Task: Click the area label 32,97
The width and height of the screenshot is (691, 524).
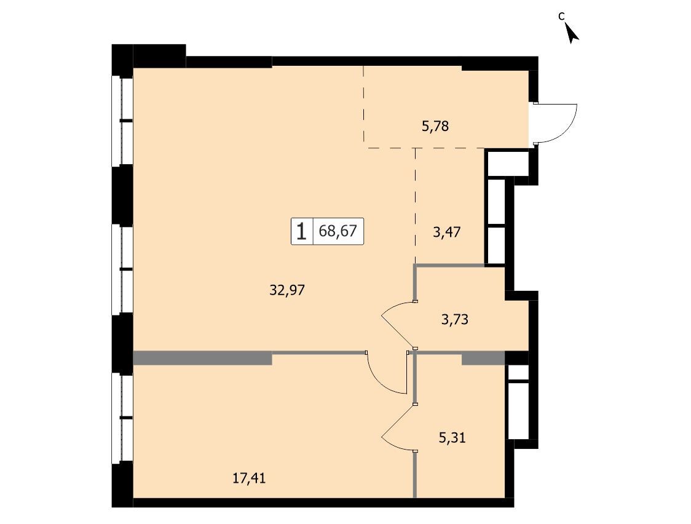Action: click(x=287, y=290)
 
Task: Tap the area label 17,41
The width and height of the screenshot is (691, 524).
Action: click(x=249, y=478)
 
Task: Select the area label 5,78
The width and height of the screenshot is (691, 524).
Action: click(x=435, y=127)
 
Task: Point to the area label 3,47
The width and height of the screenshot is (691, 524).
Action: click(x=446, y=232)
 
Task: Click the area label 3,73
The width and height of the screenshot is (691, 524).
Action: click(x=455, y=319)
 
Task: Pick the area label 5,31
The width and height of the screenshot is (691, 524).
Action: click(x=452, y=438)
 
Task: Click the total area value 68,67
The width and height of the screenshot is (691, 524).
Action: click(x=338, y=231)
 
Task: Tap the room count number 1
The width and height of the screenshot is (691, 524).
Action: click(x=301, y=231)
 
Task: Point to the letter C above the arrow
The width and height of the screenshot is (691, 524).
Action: click(x=561, y=17)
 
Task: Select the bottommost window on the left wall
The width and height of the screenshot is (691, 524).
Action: click(x=122, y=418)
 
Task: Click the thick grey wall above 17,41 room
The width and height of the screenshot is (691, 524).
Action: click(x=203, y=358)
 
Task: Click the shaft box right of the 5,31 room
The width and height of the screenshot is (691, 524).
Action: click(x=518, y=402)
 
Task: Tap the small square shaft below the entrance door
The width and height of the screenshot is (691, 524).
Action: click(x=507, y=163)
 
